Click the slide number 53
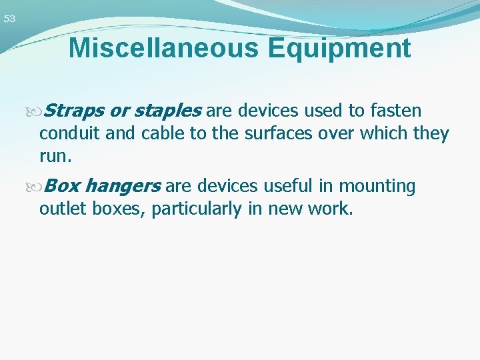pyautogui.click(x=9, y=19)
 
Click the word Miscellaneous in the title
pyautogui.click(x=158, y=49)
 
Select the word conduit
pyautogui.click(x=70, y=134)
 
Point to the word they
pyautogui.click(x=431, y=134)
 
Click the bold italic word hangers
pyautogui.click(x=123, y=186)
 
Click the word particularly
pyautogui.click(x=197, y=209)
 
